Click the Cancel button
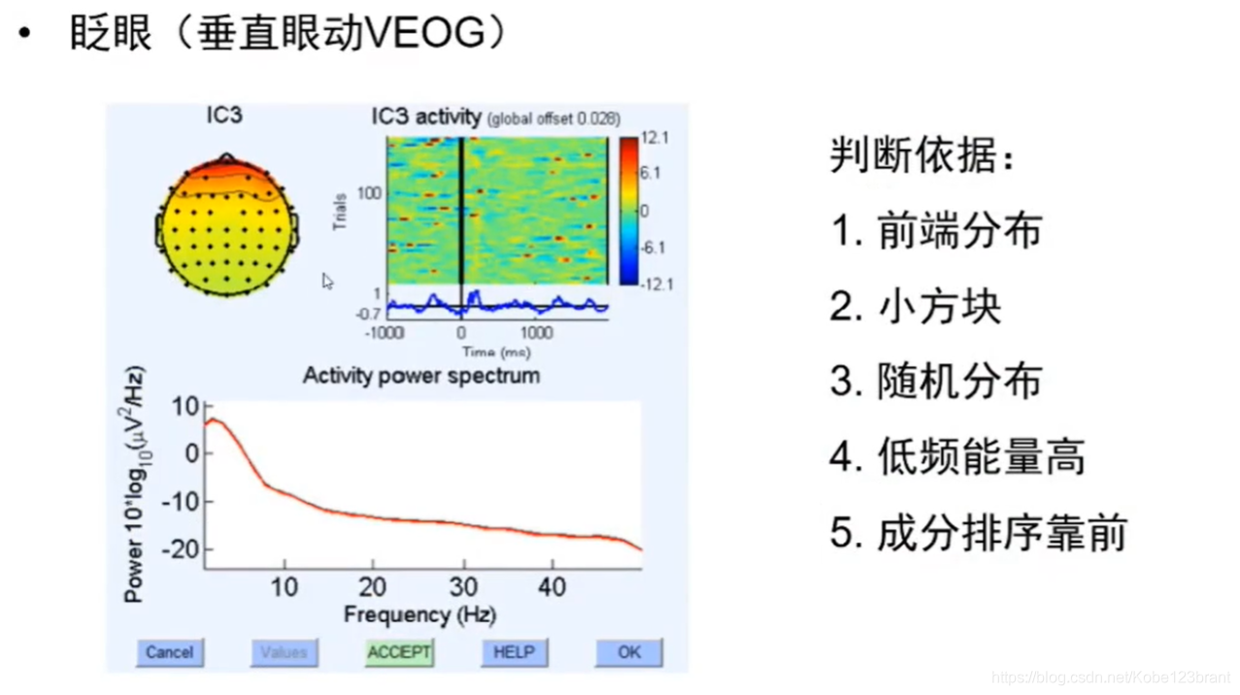[169, 652]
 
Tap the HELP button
[514, 652]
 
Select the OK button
[628, 652]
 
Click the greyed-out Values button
[284, 652]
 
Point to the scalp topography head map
[226, 226]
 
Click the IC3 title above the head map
[224, 116]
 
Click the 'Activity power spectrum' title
[420, 376]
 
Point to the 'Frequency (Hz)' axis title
[419, 614]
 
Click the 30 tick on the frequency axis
[463, 586]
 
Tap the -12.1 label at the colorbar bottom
[656, 284]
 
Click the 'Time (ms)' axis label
[491, 351]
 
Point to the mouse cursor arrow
[327, 281]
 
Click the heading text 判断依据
[921, 155]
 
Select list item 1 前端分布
[936, 231]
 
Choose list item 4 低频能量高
[957, 457]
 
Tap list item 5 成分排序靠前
[979, 533]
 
